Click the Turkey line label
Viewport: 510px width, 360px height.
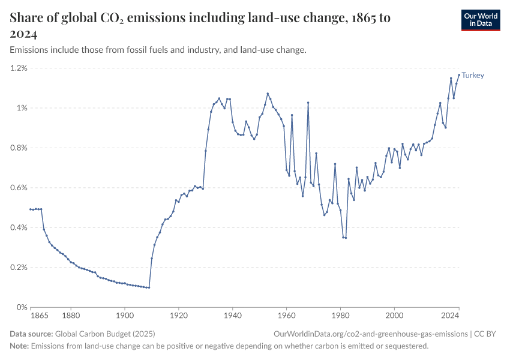(473, 76)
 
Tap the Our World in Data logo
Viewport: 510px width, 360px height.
(481, 20)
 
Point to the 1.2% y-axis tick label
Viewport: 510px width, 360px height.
(19, 68)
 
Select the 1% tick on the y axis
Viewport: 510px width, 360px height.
(22, 108)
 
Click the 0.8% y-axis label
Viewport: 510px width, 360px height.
(19, 148)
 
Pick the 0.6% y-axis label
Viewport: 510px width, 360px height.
(19, 188)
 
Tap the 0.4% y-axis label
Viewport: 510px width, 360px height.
(19, 228)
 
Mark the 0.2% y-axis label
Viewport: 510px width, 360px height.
(19, 268)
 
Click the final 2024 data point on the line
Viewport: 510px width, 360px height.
(459, 75)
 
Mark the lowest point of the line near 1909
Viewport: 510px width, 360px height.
(149, 287)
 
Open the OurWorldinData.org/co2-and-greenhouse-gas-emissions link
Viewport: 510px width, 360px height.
(370, 334)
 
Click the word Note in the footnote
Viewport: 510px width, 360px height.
(19, 346)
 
